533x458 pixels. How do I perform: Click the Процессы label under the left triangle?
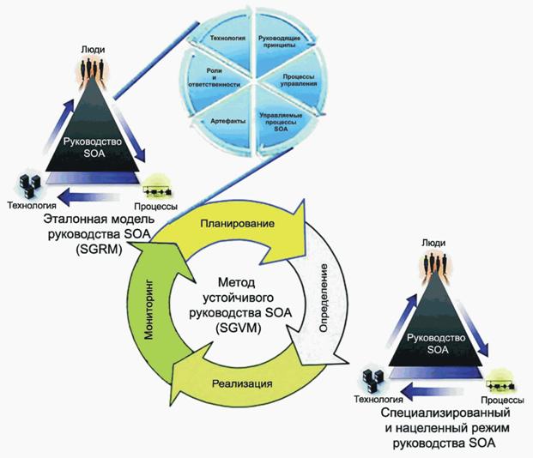click(x=156, y=208)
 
